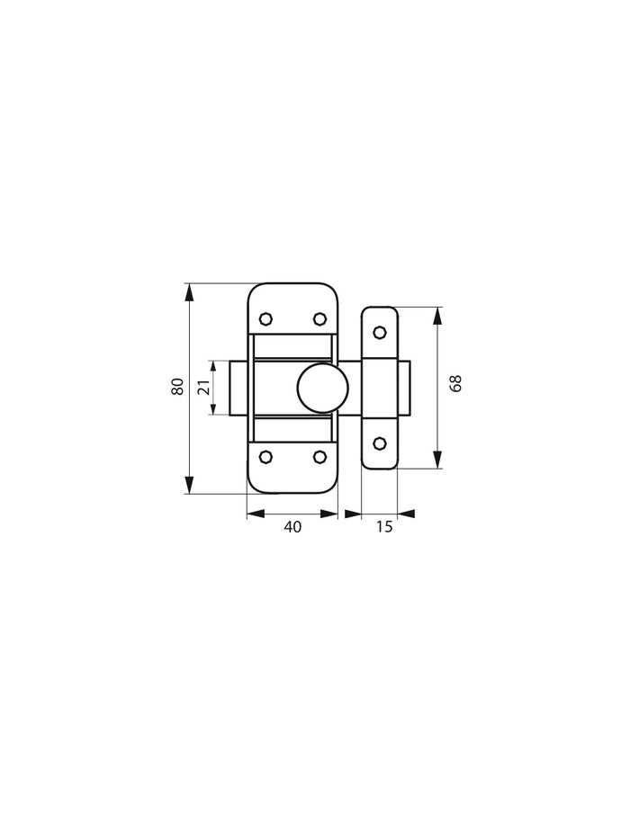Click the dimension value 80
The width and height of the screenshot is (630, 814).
[178, 387]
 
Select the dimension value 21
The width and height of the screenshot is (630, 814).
[203, 388]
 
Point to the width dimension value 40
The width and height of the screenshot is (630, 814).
[292, 527]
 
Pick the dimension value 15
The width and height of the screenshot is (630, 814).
[384, 527]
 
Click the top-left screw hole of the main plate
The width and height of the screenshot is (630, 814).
[265, 318]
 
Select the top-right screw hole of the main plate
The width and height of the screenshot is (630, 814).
[319, 318]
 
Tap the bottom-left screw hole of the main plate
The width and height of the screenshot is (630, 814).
[265, 457]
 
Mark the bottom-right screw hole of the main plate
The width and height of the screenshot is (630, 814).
[319, 457]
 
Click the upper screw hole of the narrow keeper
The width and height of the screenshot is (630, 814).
[379, 333]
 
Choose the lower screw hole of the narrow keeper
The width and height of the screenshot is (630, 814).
[379, 443]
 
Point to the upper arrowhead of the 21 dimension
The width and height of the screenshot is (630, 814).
[213, 366]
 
